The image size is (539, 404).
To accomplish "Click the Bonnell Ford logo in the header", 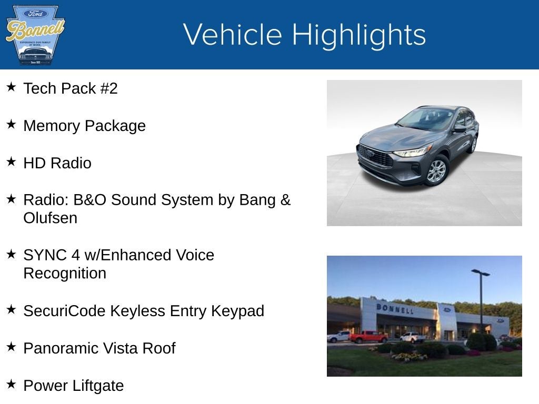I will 35,35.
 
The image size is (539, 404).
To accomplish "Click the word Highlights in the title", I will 358,35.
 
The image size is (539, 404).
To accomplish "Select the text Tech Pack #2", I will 71,88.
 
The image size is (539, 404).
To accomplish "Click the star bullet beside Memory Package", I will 11,125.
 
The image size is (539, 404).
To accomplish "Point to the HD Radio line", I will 57,163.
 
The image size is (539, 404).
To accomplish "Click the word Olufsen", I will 51,218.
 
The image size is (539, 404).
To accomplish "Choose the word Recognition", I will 65,274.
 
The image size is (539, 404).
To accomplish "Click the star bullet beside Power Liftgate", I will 11,385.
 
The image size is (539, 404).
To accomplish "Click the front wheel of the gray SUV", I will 436,171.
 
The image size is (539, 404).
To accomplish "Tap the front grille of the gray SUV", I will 375,157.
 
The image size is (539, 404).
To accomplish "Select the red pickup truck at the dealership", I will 368,337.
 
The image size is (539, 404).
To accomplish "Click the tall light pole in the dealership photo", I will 481,300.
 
